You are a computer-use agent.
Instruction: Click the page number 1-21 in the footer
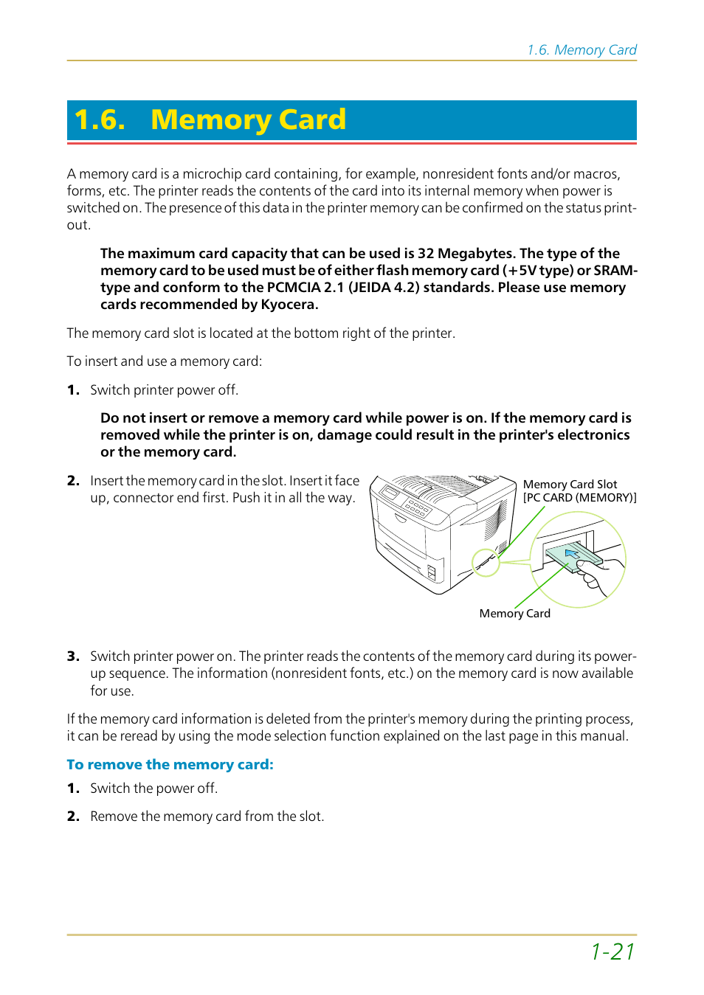(612, 951)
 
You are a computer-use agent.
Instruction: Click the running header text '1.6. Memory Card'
(582, 50)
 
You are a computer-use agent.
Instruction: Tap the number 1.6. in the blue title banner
(100, 119)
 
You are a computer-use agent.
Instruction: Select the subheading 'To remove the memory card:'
(170, 765)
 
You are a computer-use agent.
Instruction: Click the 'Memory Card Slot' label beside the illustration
(570, 485)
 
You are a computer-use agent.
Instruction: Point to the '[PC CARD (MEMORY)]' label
(579, 498)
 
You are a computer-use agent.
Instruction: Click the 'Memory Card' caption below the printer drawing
(514, 614)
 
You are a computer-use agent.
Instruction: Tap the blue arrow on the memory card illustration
(573, 552)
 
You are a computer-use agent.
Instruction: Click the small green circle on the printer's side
(486, 563)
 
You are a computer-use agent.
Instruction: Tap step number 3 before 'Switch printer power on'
(72, 656)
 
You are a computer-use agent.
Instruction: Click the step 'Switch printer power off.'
(164, 390)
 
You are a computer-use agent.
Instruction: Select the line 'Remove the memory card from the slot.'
(207, 817)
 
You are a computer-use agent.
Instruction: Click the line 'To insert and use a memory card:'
(164, 361)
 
